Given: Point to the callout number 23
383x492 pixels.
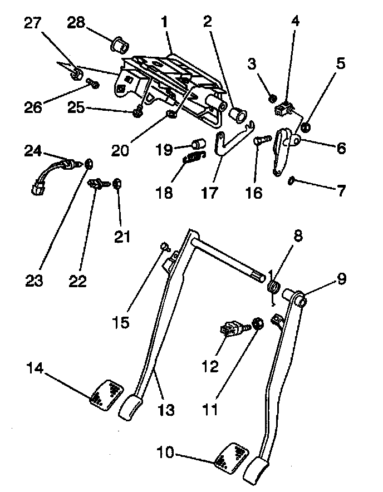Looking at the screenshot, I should pyautogui.click(x=35, y=281).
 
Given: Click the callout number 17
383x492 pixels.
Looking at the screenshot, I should pyautogui.click(x=211, y=193).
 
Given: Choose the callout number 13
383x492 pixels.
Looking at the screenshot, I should pyautogui.click(x=166, y=410).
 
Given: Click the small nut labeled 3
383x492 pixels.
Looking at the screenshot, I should pyautogui.click(x=273, y=99).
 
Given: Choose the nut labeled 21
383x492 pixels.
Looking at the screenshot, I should pyautogui.click(x=117, y=183).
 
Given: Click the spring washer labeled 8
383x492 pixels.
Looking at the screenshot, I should pyautogui.click(x=273, y=287).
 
